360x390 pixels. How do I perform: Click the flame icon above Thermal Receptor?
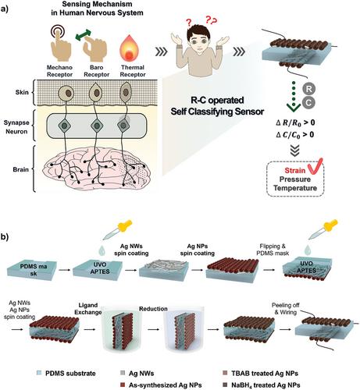click(130, 49)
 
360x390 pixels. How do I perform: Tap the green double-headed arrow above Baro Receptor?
click(84, 35)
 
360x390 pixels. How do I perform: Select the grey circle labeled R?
click(308, 89)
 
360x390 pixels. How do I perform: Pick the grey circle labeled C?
click(308, 102)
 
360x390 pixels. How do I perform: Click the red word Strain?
click(295, 171)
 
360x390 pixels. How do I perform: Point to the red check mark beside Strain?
click(315, 167)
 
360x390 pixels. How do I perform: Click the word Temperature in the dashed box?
click(295, 188)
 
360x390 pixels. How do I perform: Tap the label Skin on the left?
click(22, 92)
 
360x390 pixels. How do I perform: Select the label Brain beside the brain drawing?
click(21, 169)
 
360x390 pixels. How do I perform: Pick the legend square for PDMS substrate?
click(39, 373)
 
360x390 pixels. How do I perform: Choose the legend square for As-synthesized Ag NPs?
click(123, 385)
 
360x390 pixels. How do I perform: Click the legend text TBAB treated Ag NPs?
click(265, 373)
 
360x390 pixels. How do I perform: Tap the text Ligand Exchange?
click(88, 309)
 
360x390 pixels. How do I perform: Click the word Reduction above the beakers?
click(153, 309)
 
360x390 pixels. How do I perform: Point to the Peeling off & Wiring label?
click(286, 309)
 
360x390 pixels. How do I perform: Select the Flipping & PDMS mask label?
click(273, 250)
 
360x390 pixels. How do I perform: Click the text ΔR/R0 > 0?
click(295, 122)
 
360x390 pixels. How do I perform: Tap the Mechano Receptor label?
click(59, 71)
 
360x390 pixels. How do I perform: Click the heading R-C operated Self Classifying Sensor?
click(217, 106)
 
